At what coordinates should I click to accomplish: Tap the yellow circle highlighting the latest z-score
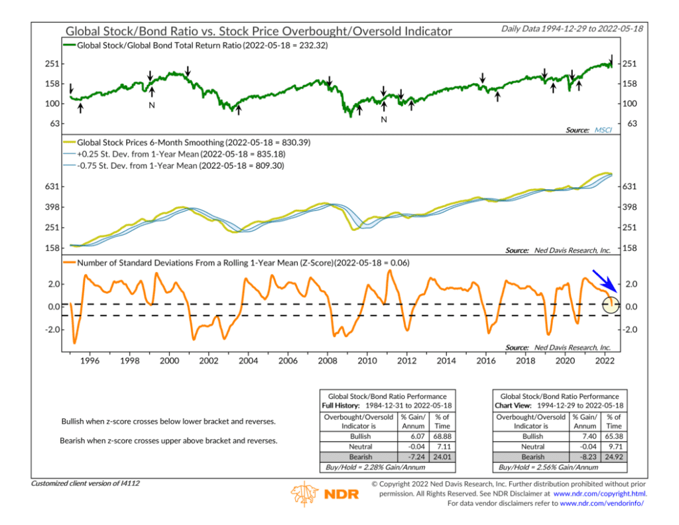click(611, 305)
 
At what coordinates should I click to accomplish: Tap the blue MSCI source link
click(603, 130)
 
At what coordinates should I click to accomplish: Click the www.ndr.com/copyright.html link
click(599, 494)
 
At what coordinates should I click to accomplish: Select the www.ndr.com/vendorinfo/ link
click(602, 503)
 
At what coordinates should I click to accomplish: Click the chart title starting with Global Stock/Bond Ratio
click(259, 31)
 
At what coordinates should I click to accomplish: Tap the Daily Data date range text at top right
click(573, 29)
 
